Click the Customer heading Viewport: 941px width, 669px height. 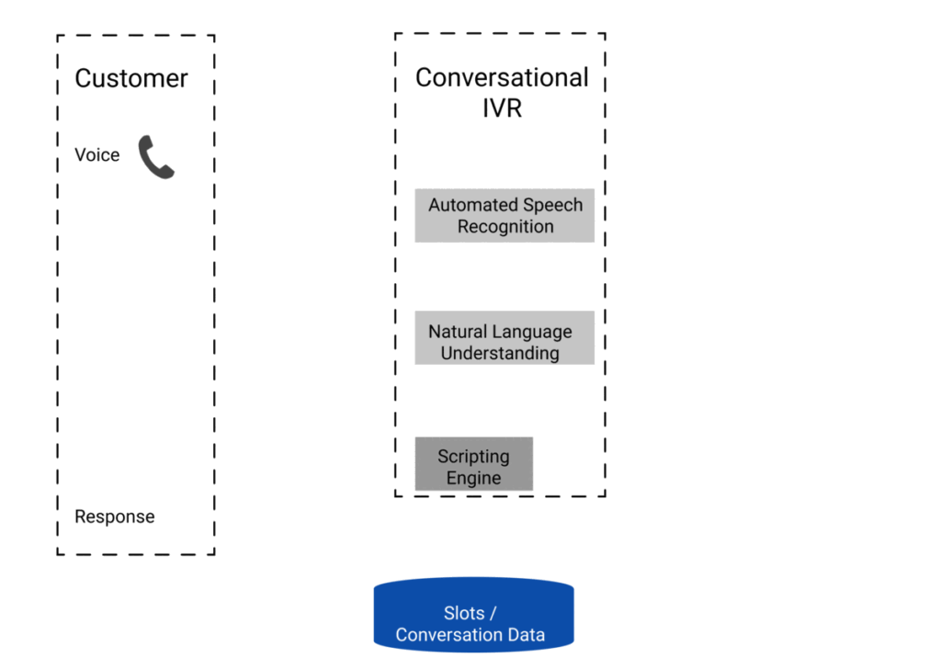click(x=130, y=79)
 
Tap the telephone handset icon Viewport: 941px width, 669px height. click(x=156, y=156)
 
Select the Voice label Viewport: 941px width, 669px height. click(x=97, y=154)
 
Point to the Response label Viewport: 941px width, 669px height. click(x=115, y=516)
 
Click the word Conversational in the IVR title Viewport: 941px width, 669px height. click(x=502, y=77)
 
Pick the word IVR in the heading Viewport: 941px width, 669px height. click(x=503, y=108)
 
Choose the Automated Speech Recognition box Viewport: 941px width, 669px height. click(x=505, y=215)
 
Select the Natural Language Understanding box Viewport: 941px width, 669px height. click(x=505, y=337)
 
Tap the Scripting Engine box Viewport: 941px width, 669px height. click(x=474, y=464)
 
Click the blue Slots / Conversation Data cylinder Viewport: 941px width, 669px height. click(x=473, y=615)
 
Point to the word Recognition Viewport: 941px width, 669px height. click(x=505, y=227)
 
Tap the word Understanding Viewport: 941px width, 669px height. click(x=500, y=354)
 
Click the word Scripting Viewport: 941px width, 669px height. click(x=473, y=457)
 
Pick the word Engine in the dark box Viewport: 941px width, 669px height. click(x=473, y=478)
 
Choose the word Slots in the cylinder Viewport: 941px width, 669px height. click(x=464, y=613)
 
